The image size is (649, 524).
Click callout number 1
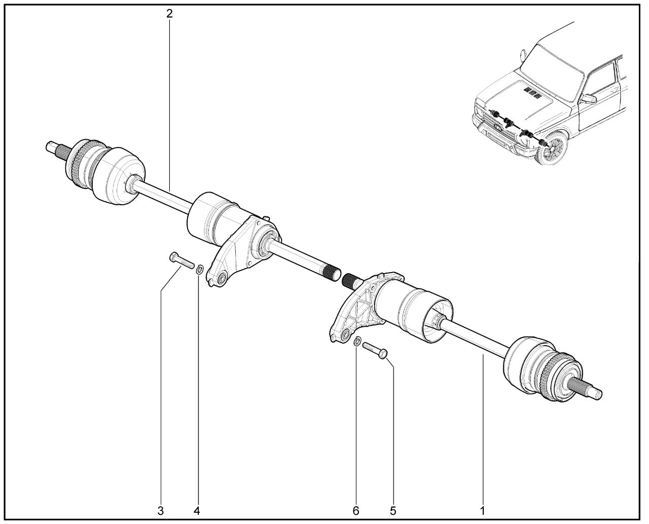[482, 510]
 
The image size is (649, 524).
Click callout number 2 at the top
[169, 13]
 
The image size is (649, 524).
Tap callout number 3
[161, 510]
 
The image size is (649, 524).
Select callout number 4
[197, 510]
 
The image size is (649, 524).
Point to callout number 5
[393, 510]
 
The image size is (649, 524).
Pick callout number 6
[356, 510]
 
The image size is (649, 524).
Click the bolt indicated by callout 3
[182, 260]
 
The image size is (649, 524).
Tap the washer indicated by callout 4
[200, 270]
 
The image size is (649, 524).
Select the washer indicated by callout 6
[357, 341]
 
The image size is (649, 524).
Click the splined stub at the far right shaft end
[587, 388]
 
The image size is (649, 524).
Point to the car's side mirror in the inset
[589, 99]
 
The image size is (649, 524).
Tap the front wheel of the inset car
[552, 148]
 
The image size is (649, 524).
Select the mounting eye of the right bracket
[345, 334]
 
